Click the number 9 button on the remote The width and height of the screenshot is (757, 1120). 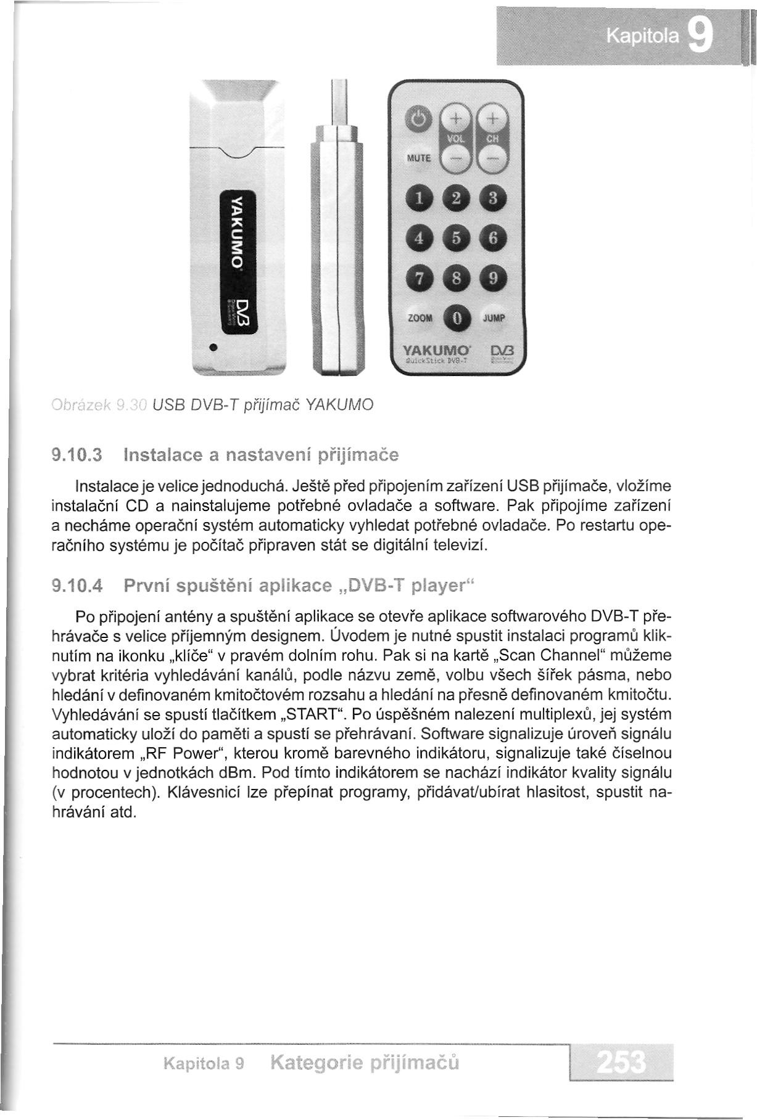[493, 279]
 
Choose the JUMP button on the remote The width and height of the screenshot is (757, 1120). [494, 318]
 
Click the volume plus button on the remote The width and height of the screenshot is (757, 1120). [455, 118]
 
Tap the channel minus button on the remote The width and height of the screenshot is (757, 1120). [493, 159]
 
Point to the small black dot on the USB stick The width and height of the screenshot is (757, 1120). [212, 348]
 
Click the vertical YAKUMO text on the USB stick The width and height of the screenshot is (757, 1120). [234, 228]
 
